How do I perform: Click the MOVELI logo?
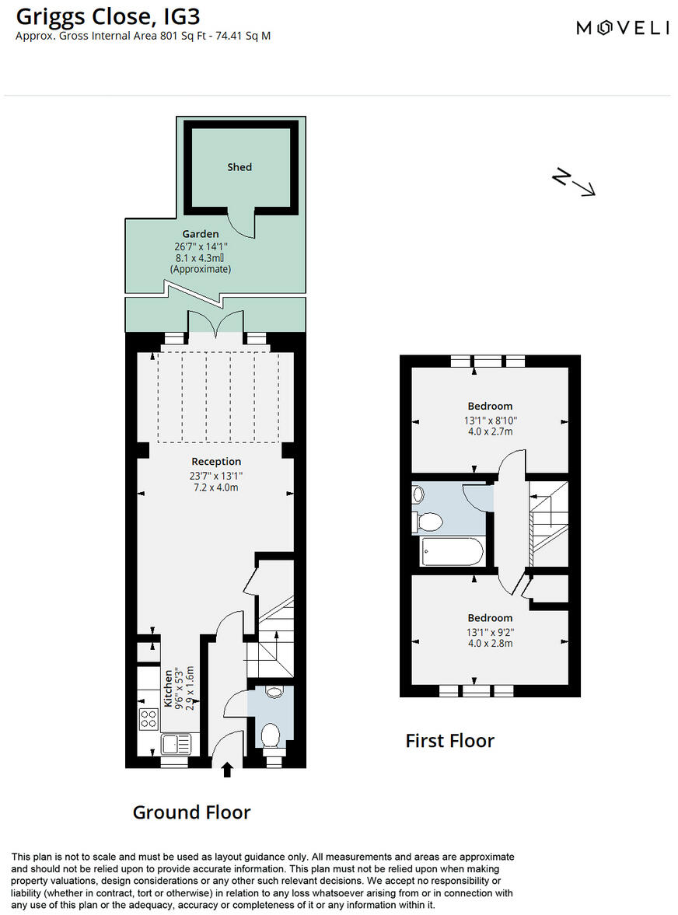pos(622,28)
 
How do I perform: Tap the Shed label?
pos(239,167)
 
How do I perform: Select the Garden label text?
pos(201,234)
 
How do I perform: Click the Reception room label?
pos(216,462)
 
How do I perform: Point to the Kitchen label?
pos(166,688)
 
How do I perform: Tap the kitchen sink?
pos(175,744)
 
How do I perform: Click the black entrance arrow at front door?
pos(227,770)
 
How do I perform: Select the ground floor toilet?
pos(271,736)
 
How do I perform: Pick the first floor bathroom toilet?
pos(429,520)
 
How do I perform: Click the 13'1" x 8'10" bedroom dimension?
pos(491,421)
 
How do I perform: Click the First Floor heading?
pos(449,741)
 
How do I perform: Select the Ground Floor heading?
pos(191,812)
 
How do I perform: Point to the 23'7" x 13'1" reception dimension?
pos(216,476)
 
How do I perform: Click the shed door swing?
pos(241,225)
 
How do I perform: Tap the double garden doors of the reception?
pos(215,323)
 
